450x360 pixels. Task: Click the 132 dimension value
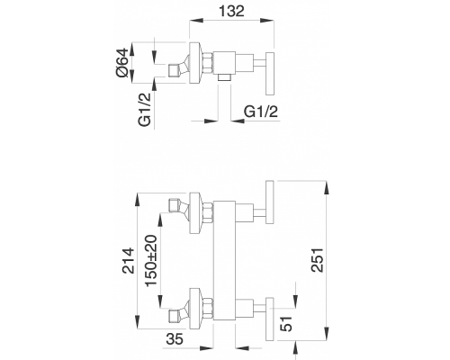tap(231, 12)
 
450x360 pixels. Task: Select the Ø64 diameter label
tap(123, 63)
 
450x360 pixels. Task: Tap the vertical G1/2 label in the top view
tap(145, 109)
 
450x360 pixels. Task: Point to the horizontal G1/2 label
tap(261, 112)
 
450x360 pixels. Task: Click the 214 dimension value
tap(129, 260)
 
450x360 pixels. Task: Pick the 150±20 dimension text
tap(151, 260)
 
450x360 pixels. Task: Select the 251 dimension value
tap(318, 260)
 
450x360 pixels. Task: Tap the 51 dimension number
tap(286, 324)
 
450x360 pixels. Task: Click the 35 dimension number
tap(175, 339)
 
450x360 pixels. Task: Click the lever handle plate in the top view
tap(270, 74)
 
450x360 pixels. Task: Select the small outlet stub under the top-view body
tap(224, 77)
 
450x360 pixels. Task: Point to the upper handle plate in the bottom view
tap(270, 202)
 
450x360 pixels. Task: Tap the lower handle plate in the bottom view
tap(270, 319)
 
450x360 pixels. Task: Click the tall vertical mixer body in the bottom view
tap(224, 260)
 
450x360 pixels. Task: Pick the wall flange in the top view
tap(194, 63)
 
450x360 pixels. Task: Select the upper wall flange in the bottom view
tap(195, 213)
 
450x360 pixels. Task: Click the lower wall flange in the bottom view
tap(195, 309)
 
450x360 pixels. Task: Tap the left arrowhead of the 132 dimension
tap(195, 21)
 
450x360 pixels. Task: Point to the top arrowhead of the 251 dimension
tap(327, 187)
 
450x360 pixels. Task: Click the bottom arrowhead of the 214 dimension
tap(138, 323)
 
